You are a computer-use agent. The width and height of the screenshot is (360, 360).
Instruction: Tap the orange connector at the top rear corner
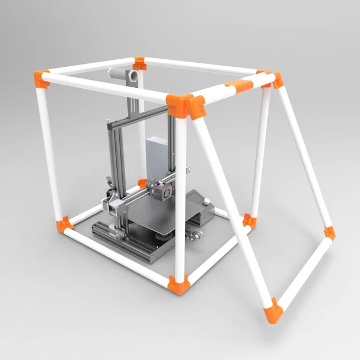coord(139,62)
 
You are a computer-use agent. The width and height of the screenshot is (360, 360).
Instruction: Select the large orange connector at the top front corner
coord(185,105)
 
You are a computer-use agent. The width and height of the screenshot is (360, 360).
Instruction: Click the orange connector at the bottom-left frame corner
coord(63,225)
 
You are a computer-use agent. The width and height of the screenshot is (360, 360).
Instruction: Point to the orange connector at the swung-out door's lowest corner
coord(273,311)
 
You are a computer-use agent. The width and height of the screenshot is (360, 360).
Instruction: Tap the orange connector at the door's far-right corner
coord(329,233)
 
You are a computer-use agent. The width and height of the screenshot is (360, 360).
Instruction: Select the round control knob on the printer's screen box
coord(206,202)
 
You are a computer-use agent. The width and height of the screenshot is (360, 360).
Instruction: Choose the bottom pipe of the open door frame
coord(302,273)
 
